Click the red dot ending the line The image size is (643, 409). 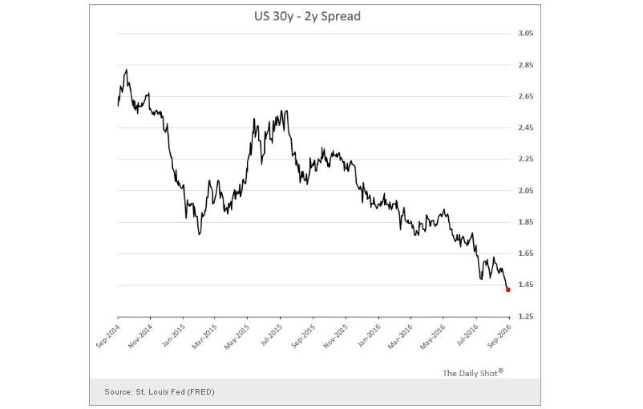[508, 290]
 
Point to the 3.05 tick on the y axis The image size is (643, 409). [526, 34]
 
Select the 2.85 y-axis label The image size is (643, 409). [526, 65]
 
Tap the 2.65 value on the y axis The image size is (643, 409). [526, 96]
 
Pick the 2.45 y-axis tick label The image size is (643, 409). [526, 128]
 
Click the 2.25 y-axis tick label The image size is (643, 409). [526, 159]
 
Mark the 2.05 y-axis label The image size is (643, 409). [526, 191]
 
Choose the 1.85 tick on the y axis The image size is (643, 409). [526, 222]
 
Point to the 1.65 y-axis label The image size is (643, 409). [526, 253]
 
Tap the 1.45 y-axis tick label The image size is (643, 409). [526, 285]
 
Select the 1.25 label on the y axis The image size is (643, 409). [526, 317]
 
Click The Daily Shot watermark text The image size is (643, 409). [472, 373]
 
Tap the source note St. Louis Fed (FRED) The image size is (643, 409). [159, 391]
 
